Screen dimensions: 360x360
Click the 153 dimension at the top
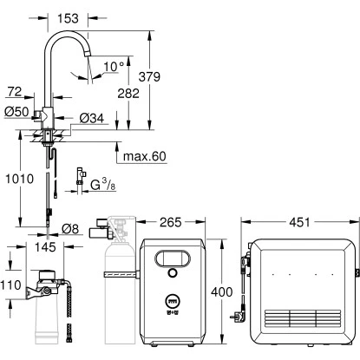pos(68,18)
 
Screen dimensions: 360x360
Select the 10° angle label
pos(114,67)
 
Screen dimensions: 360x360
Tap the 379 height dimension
pos(149,76)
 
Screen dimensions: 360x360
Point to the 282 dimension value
pos(128,93)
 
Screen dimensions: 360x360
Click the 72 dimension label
pos(15,92)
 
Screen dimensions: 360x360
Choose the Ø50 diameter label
pos(16,112)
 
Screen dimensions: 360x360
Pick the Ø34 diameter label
pos(92,118)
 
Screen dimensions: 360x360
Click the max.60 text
pos(145,156)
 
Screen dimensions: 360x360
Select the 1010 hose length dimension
pos(20,179)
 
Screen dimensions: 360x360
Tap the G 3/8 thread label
pos(103,185)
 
